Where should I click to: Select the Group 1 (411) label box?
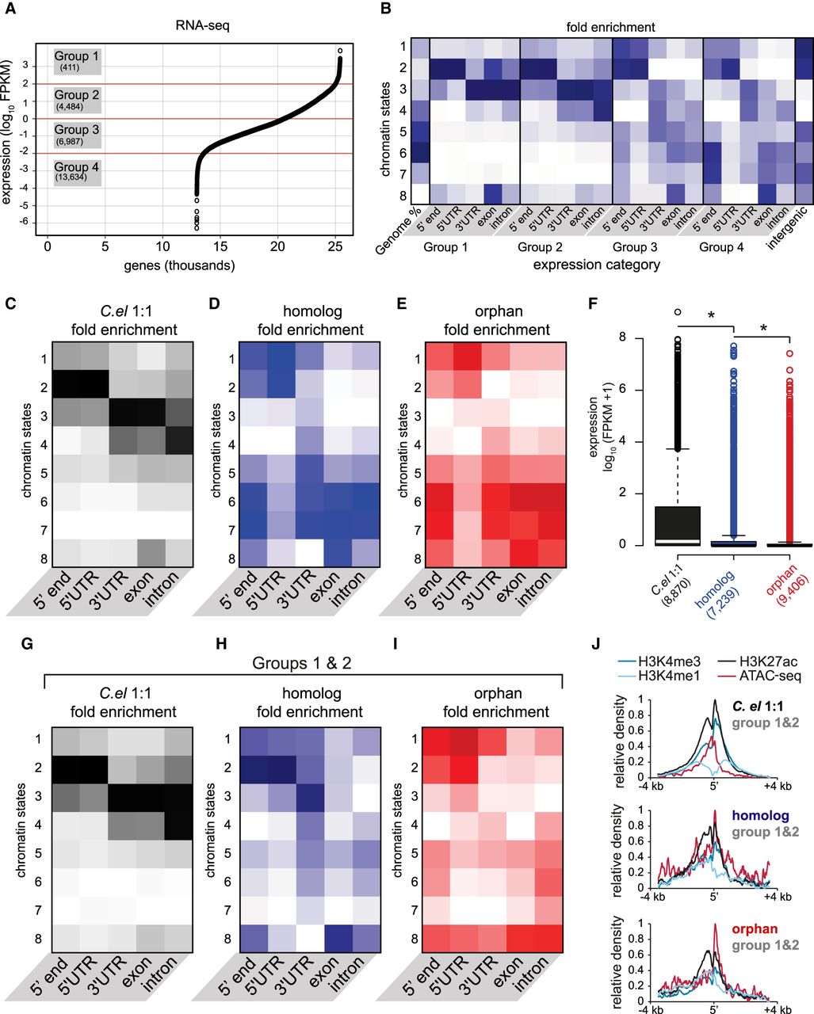(x=77, y=60)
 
